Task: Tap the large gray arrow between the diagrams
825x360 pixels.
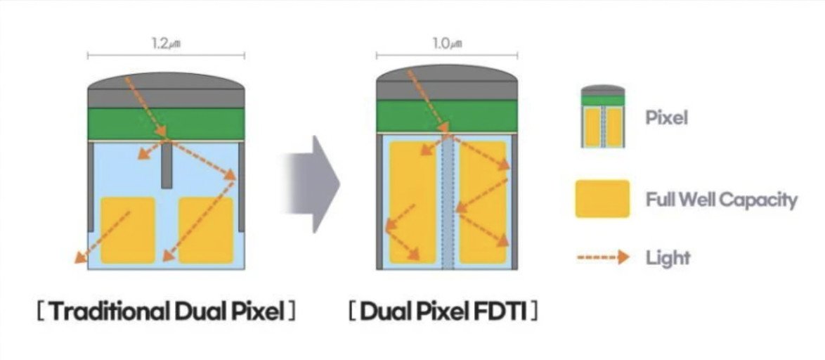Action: tap(313, 184)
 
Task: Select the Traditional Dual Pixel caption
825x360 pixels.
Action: tap(167, 311)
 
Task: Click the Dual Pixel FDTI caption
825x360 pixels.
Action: tap(443, 311)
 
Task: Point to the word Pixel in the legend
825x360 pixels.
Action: tap(667, 118)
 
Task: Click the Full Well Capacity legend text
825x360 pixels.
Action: tap(722, 200)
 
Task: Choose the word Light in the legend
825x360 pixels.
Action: tap(668, 258)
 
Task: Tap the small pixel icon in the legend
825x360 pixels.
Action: tap(603, 116)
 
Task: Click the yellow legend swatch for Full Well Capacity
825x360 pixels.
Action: tap(602, 198)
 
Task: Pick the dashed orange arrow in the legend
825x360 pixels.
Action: tap(603, 257)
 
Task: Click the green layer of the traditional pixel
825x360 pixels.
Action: tap(167, 124)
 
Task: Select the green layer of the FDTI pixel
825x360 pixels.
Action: tap(447, 116)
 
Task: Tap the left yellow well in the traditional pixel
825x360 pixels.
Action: tap(128, 230)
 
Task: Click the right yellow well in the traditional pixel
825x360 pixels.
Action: tap(206, 230)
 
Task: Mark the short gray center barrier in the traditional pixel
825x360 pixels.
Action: tap(167, 165)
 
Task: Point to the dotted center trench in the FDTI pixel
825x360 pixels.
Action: tap(448, 202)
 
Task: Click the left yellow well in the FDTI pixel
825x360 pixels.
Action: tap(413, 202)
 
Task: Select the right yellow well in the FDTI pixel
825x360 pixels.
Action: tap(483, 202)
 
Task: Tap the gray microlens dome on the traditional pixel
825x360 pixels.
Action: tap(167, 81)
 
